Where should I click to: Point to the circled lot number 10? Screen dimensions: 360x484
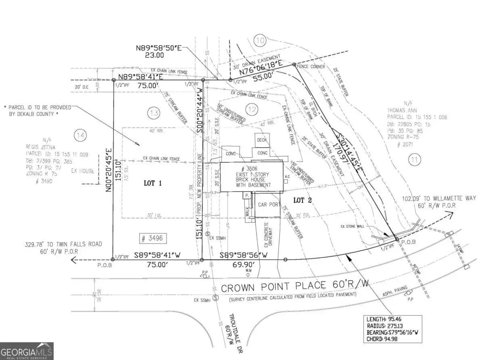pos(261,40)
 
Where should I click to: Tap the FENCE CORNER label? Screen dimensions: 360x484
pos(311,67)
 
